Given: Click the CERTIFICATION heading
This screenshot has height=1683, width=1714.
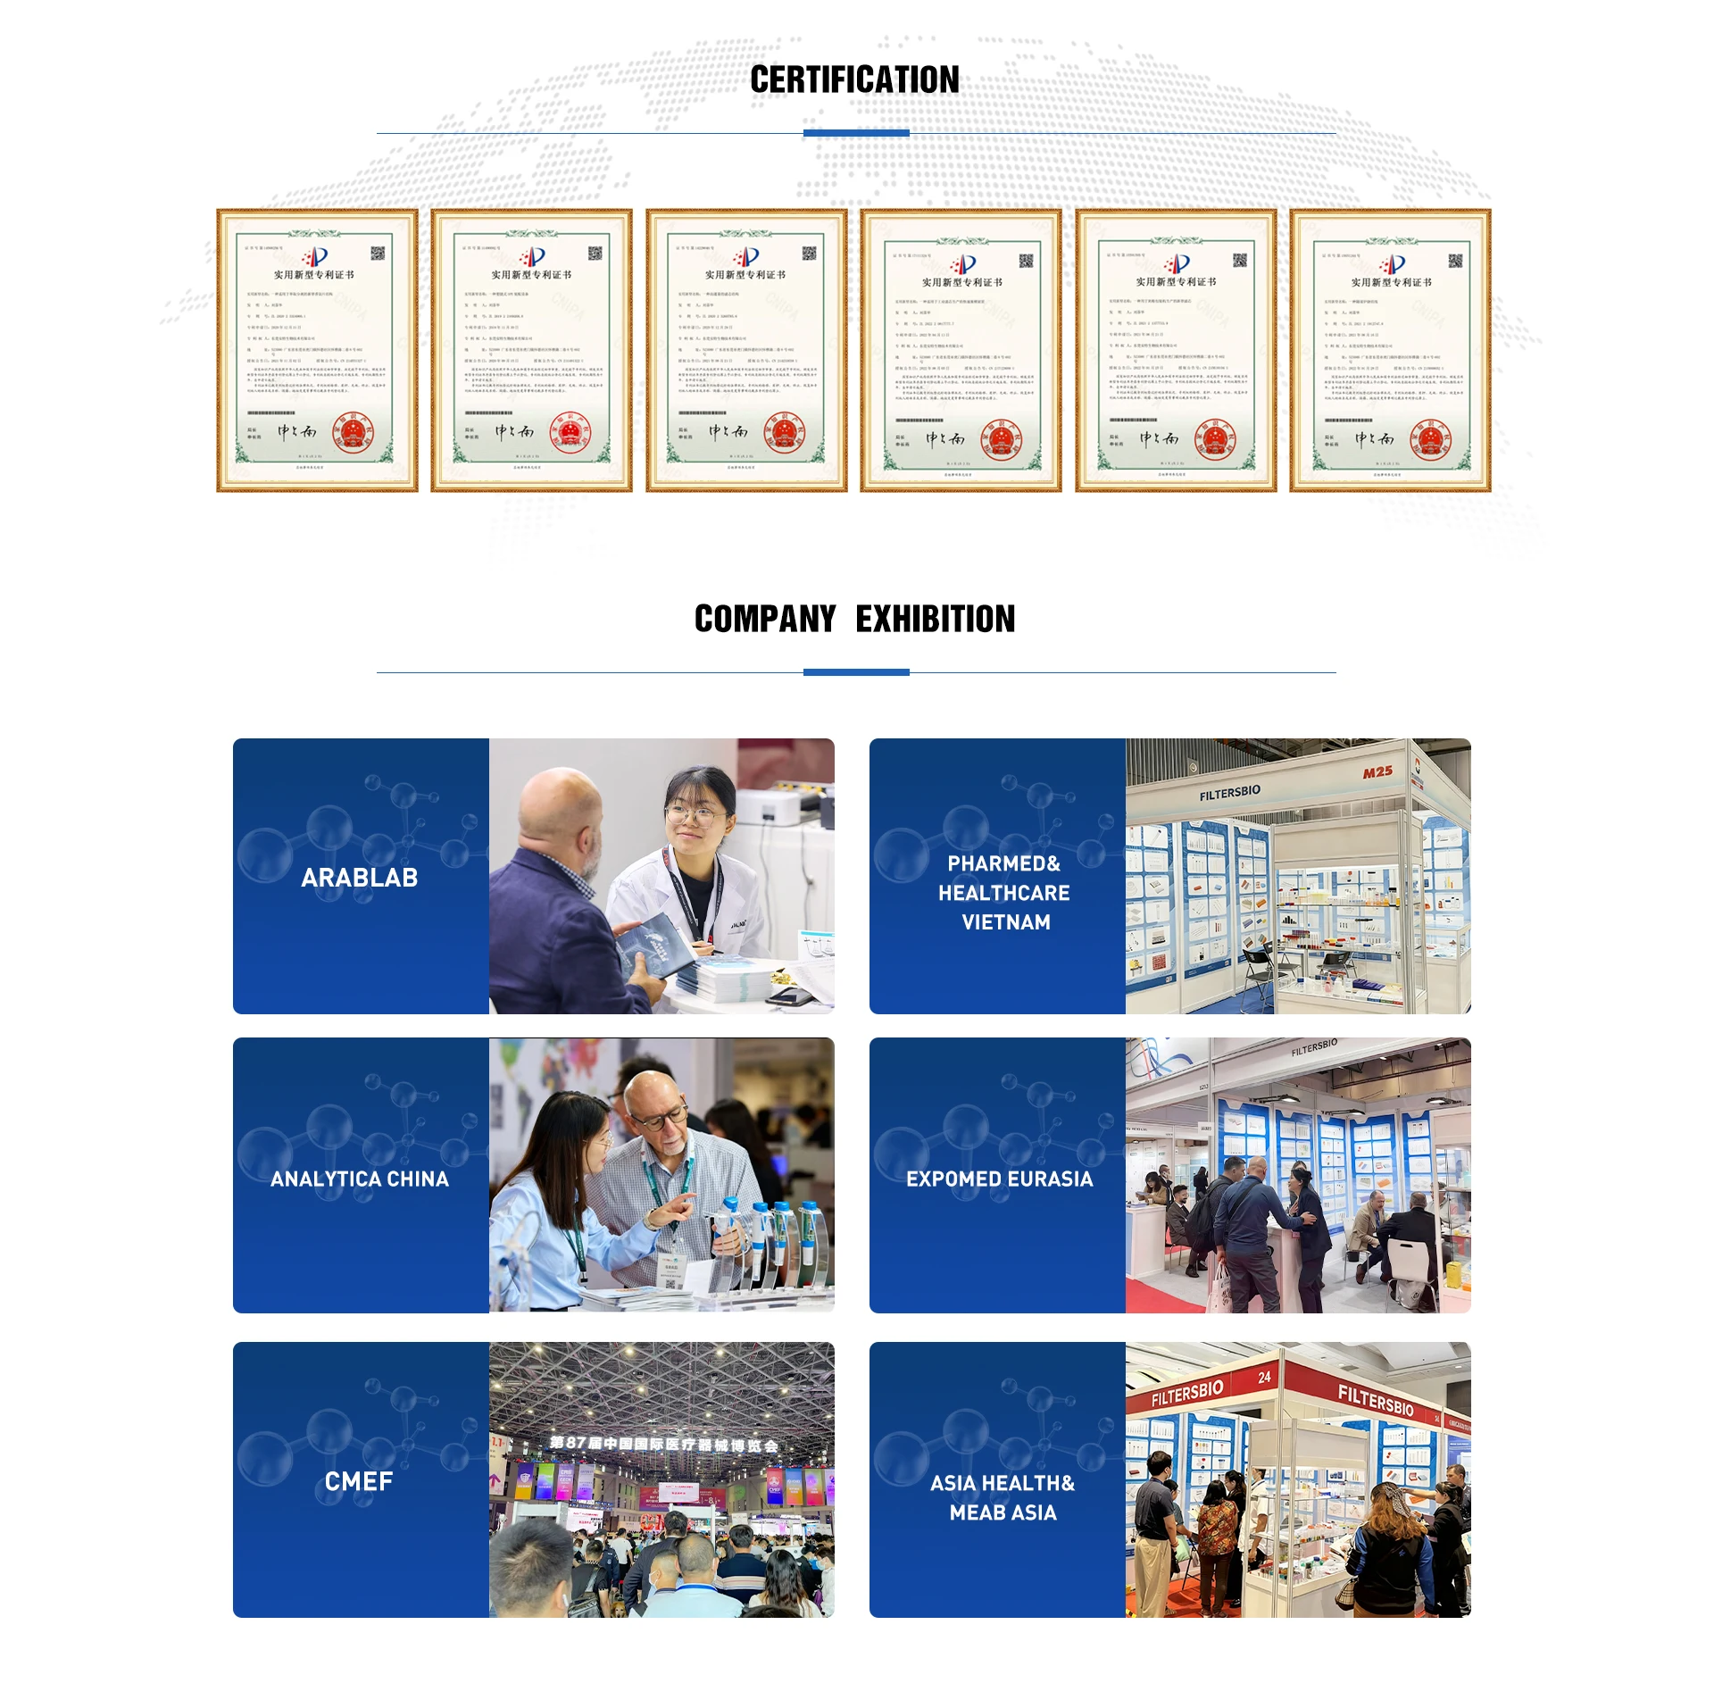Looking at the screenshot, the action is coord(854,80).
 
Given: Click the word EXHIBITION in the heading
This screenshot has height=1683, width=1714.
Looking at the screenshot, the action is coord(935,619).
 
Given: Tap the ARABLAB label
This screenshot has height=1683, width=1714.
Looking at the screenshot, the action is coord(360,878).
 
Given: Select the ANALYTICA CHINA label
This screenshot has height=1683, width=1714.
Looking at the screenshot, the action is coord(360,1179).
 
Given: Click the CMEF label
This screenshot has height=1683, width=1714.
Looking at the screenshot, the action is coord(359,1481).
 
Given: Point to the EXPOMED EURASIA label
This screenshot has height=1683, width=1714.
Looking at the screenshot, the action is coord(999,1179).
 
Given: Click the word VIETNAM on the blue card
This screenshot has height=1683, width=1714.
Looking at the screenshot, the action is coord(1006,922).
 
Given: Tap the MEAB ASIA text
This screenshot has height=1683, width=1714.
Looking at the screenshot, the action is coord(1003,1512).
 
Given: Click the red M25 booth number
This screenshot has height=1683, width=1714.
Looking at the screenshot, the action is coord(1377,771).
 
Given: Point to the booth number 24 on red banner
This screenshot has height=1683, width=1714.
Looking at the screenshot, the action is coord(1264,1378).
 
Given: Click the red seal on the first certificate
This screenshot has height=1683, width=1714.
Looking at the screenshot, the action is coord(353,434).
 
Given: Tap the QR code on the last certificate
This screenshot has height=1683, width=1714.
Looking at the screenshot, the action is coord(1455,261).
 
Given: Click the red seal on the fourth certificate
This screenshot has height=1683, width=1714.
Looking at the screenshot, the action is coord(1001,439).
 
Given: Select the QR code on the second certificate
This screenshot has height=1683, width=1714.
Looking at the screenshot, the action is coord(595,254).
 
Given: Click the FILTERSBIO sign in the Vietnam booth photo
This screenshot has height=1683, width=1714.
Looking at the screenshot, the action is coord(1230,792).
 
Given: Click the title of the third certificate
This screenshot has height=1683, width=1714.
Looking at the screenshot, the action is coord(745,275).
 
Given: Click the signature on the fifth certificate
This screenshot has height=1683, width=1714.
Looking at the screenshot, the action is coord(1159,438).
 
